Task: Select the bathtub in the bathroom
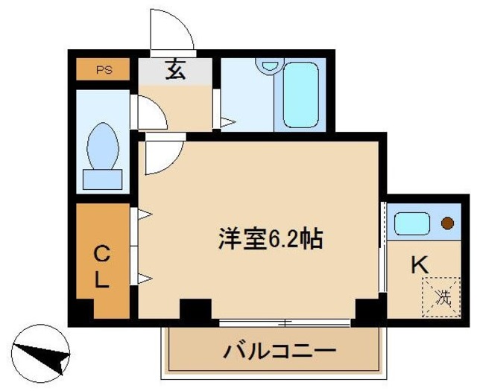coord(301,95)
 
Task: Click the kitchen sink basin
coord(410,223)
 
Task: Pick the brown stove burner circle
coord(447,223)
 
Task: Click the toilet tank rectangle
coord(102,178)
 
